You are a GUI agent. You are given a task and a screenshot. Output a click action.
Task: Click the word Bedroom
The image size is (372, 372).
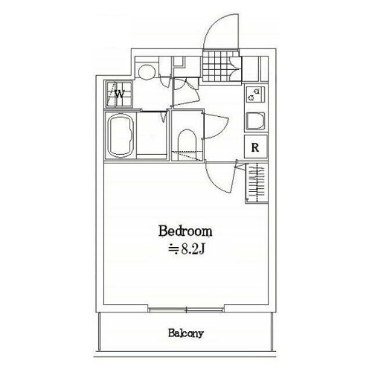point(185,231)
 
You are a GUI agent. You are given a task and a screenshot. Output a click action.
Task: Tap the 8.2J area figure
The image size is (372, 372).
point(192,249)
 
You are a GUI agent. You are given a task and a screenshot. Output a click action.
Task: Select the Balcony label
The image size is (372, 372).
point(186,333)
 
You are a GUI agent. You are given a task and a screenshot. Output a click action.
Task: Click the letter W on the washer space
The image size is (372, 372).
point(120,94)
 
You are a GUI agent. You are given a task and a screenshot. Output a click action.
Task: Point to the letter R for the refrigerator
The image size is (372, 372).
point(255,148)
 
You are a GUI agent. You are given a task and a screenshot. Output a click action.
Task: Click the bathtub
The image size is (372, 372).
point(120,135)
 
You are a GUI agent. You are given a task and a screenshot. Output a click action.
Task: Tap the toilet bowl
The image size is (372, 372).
point(187,144)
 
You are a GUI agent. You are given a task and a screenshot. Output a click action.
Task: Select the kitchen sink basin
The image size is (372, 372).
point(256,121)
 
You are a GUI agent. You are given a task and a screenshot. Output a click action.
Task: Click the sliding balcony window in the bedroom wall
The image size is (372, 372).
point(186,309)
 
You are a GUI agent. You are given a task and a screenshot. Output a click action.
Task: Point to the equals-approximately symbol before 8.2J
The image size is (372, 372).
point(174,249)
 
